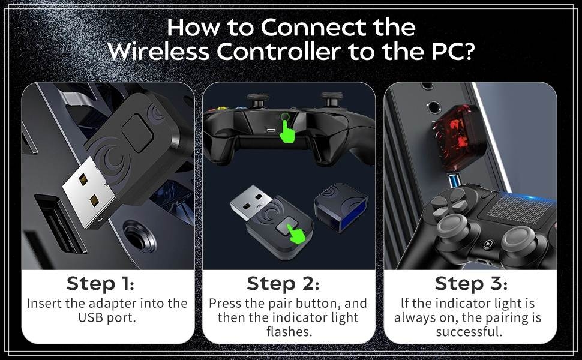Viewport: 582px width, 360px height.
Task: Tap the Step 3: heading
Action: point(471,283)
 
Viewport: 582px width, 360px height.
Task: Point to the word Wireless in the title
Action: point(158,52)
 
